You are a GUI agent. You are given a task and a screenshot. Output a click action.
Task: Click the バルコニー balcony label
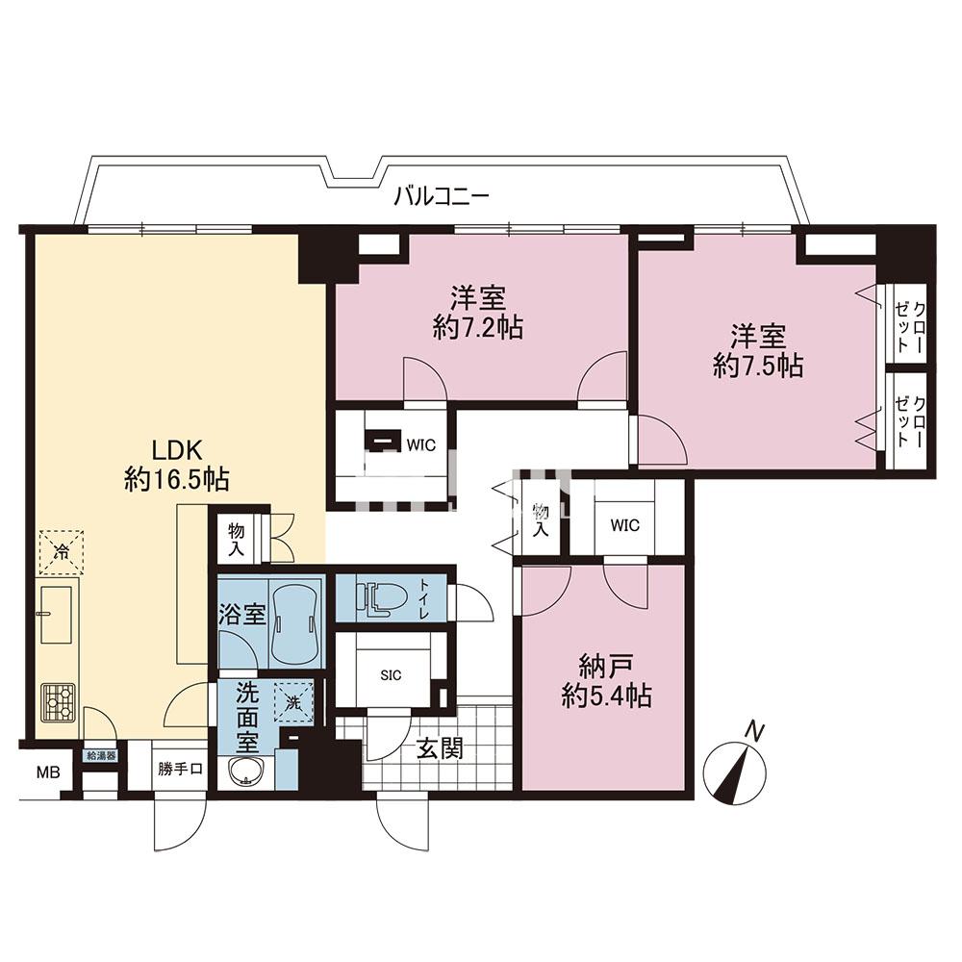442,197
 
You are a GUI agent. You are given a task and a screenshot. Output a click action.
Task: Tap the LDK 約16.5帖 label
177,466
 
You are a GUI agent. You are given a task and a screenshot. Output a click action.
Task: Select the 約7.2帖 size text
478,329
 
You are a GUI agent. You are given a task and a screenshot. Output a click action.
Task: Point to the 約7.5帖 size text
758,367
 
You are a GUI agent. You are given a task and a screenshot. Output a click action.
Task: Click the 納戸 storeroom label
606,667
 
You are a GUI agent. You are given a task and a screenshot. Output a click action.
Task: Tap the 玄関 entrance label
440,748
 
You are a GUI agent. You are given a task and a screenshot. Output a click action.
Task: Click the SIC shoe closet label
391,675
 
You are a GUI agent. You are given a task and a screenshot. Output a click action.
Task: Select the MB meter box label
48,772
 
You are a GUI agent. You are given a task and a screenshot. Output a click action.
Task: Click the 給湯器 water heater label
101,756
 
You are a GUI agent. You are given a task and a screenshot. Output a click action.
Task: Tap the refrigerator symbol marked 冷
62,552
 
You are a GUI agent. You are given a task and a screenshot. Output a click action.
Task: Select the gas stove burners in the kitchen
59,702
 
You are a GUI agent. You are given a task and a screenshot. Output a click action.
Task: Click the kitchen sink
56,614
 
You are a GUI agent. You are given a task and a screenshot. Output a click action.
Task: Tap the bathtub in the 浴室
296,624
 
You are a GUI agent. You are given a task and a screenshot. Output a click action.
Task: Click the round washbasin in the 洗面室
246,771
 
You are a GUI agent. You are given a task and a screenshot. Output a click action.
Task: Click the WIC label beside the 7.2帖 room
421,444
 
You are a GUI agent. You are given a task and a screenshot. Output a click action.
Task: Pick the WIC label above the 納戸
624,525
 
